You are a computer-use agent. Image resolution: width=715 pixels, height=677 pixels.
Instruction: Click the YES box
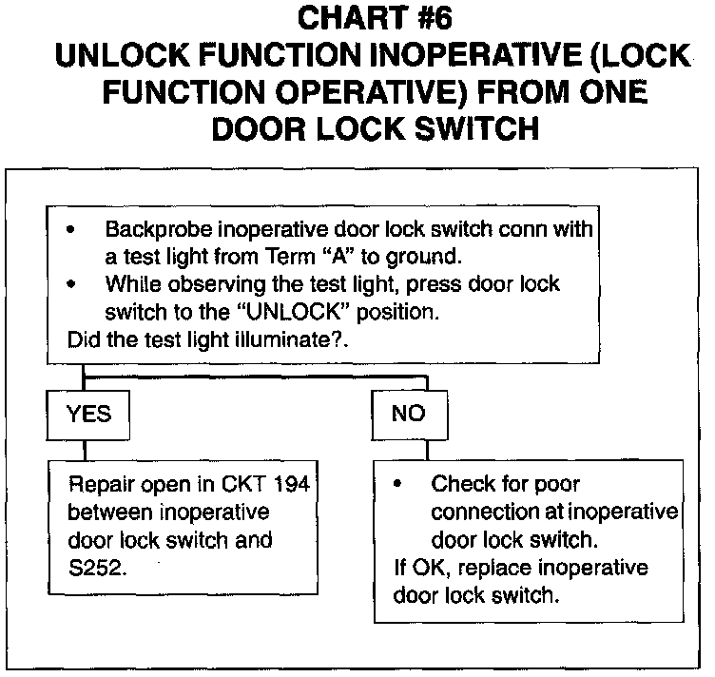(x=89, y=414)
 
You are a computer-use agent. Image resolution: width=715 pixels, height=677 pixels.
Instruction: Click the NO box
(x=408, y=414)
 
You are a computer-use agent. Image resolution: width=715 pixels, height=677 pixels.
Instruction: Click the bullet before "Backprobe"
(x=72, y=232)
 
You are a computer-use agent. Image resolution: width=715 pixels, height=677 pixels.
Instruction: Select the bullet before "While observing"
(x=72, y=285)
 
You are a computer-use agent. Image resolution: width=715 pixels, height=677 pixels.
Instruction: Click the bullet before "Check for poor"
(x=398, y=485)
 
